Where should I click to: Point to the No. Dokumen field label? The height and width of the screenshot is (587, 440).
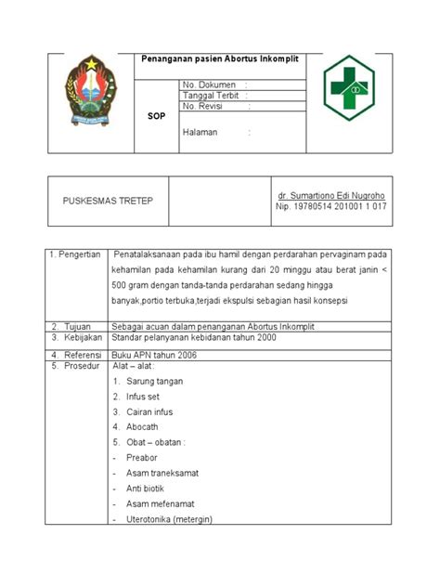210,85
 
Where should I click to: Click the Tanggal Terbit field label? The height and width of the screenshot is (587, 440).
211,96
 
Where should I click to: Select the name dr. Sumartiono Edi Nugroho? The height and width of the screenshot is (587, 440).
332,196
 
